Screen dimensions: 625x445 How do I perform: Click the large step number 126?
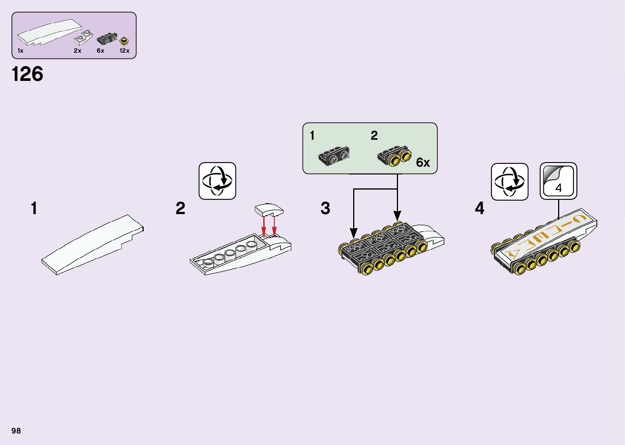click(27, 74)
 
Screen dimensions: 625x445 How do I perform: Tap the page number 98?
click(16, 431)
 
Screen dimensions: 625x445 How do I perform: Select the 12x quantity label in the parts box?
click(125, 51)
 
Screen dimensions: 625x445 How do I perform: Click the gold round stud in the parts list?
click(124, 41)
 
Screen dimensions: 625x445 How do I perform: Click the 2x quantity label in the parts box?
click(78, 51)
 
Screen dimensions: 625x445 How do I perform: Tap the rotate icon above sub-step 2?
click(217, 181)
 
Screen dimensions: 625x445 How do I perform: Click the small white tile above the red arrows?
click(268, 210)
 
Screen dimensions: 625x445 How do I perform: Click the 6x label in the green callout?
click(423, 163)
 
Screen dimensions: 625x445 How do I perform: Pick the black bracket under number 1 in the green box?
click(334, 157)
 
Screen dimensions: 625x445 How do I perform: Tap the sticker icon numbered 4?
click(558, 181)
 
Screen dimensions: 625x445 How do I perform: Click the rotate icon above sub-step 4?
click(509, 181)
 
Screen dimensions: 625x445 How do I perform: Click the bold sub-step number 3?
click(325, 208)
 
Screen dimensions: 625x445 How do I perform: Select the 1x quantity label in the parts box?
click(20, 51)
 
